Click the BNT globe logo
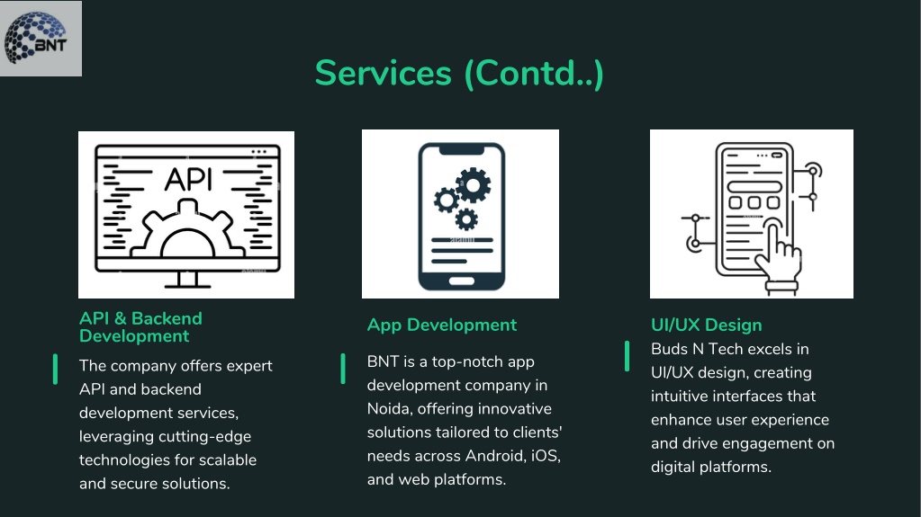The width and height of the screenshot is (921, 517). point(35,38)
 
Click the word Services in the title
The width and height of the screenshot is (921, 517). point(383,73)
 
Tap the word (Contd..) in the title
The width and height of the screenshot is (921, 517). point(534,74)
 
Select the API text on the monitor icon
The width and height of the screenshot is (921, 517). point(188,179)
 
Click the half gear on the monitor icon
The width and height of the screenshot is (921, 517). point(187,230)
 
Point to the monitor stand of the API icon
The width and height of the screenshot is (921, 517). point(187,280)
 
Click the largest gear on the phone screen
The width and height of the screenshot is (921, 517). point(473,185)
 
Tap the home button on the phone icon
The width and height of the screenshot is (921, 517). point(462,281)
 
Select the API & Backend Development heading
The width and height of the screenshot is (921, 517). point(140,327)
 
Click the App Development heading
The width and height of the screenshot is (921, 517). point(442,325)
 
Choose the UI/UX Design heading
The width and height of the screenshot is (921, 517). point(706,325)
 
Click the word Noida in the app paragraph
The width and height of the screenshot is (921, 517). point(390,408)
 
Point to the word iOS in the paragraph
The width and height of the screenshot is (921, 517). point(546,455)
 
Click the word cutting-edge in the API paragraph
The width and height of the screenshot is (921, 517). point(205,437)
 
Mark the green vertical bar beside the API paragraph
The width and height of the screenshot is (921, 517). point(55,370)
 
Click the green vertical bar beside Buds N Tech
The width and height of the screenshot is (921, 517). point(627,356)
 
